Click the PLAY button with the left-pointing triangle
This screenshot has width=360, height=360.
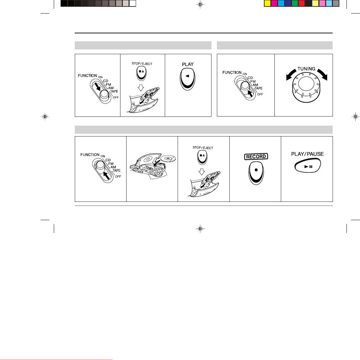187,79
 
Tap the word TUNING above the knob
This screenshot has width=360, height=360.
306,69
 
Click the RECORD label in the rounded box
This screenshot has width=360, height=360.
256,157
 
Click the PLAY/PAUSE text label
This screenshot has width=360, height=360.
308,154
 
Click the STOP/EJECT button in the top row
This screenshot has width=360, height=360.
141,73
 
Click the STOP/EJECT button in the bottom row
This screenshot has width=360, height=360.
202,157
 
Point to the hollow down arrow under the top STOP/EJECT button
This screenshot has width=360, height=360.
141,87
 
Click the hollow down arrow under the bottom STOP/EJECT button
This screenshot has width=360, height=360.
202,172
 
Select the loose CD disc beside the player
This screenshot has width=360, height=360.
168,158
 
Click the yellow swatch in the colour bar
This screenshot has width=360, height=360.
268,3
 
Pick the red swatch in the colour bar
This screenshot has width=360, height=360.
301,3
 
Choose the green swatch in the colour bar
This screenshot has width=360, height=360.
295,3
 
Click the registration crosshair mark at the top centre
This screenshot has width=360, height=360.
200,4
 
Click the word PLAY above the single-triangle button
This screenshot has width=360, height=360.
188,64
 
